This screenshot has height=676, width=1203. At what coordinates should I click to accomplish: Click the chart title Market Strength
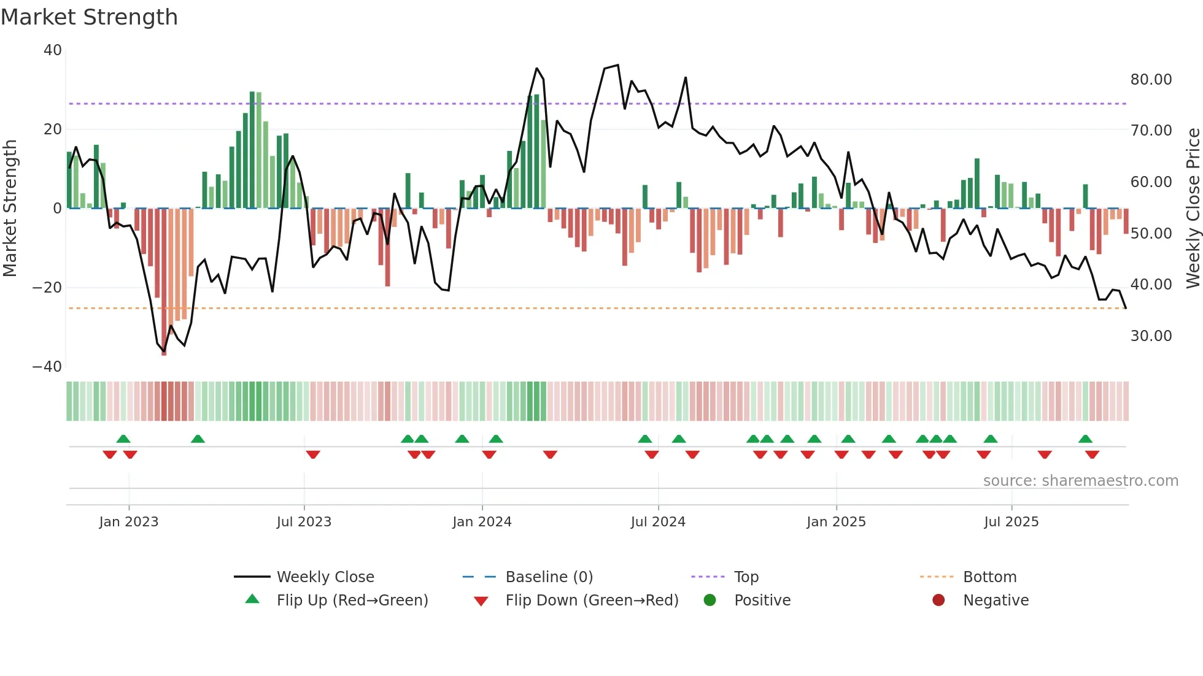[89, 17]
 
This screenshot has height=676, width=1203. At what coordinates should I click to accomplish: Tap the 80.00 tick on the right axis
[1151, 80]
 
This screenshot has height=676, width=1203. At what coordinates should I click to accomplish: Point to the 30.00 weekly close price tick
[1151, 336]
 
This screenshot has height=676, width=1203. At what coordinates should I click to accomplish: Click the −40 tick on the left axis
[47, 367]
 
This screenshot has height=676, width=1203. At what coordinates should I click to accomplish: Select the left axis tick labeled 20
[53, 129]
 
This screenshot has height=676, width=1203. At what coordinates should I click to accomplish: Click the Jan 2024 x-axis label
[482, 522]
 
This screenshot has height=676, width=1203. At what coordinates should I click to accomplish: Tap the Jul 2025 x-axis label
[1011, 522]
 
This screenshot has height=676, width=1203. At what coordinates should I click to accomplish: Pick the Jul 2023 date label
[304, 522]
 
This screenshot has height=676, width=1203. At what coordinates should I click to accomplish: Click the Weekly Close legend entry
[325, 577]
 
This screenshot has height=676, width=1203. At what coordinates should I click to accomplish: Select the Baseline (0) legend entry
[549, 577]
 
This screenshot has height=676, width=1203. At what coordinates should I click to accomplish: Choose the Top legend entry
[746, 577]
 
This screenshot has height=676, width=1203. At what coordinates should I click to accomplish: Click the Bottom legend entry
[989, 577]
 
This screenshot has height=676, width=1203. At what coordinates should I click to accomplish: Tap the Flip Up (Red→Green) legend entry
[352, 601]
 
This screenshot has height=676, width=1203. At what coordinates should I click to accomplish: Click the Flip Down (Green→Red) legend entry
[592, 601]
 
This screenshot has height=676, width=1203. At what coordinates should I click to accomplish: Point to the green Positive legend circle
[710, 601]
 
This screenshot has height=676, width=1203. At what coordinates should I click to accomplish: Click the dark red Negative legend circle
[938, 601]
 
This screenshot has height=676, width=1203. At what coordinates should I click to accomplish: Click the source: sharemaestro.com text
[1080, 481]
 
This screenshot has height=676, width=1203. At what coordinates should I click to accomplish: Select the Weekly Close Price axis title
[1193, 209]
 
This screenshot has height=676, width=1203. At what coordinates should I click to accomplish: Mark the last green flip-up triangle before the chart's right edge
[1085, 439]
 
